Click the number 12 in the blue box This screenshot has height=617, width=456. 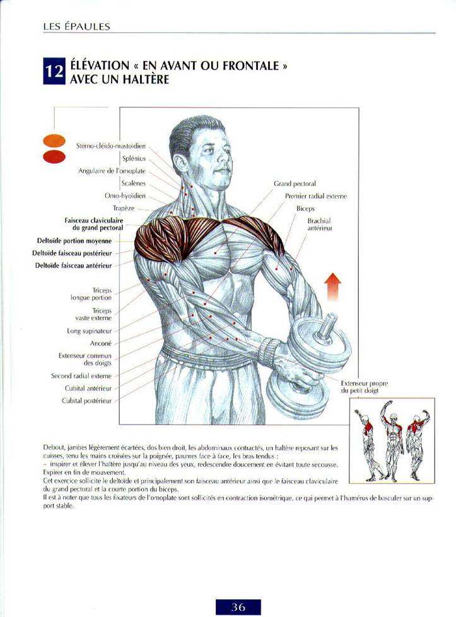point(54,72)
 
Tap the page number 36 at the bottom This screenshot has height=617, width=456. point(238,607)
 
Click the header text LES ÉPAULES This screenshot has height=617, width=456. point(77,26)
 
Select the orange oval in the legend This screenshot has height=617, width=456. point(54,141)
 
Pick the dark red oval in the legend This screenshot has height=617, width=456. point(54,156)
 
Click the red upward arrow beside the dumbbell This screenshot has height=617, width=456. point(333,287)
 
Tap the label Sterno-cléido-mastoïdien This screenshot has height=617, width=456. point(111,146)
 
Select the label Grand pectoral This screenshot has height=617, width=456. point(295,184)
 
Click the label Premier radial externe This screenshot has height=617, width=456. point(316,196)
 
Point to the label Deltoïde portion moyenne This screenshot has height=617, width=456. point(74,241)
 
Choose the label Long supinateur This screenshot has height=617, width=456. point(90,331)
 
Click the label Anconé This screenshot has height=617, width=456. point(101,344)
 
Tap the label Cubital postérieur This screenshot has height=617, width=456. point(86,401)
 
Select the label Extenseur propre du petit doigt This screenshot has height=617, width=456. point(364,387)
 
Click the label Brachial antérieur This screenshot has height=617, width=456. point(320,225)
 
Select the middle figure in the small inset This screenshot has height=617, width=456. point(392,441)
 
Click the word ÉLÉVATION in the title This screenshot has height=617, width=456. point(100,66)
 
